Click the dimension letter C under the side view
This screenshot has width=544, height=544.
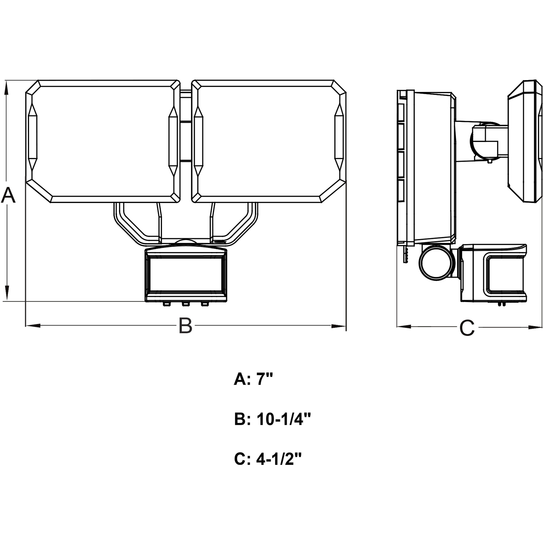click(x=467, y=328)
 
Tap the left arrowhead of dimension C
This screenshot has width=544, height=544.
click(x=404, y=327)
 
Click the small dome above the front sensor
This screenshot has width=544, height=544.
click(x=185, y=242)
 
